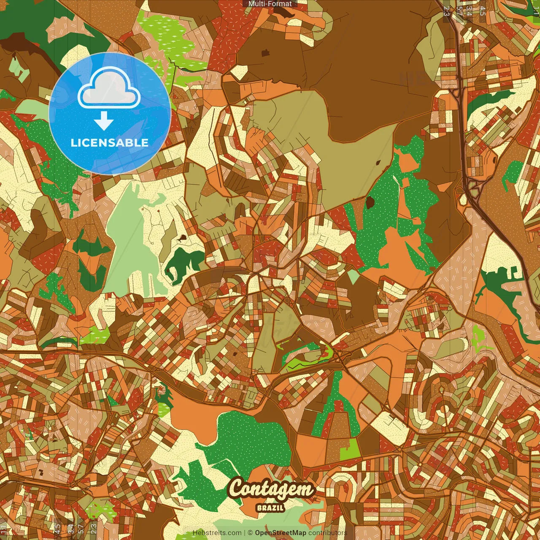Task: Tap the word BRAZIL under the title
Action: coord(270,508)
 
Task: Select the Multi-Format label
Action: coord(270,4)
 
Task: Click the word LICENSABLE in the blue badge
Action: coord(110,143)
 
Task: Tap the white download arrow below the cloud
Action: coord(104,121)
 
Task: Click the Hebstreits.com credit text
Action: coord(217,533)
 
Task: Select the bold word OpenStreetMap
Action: coord(281,533)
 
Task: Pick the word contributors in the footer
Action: coord(328,533)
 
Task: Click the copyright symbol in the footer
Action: coord(250,533)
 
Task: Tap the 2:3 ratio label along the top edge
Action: coord(446,11)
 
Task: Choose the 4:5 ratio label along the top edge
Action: coord(483,11)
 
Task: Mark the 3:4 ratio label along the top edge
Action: coord(469,11)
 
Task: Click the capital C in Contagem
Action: coord(238,489)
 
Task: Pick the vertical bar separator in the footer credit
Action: coord(245,533)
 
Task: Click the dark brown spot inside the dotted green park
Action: coord(370,203)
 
